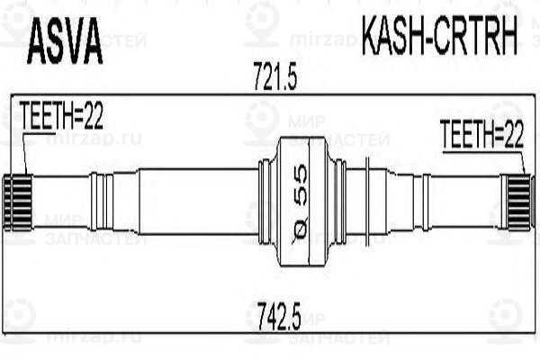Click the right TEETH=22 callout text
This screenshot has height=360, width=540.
[x=481, y=135]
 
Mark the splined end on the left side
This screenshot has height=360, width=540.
[x=19, y=201]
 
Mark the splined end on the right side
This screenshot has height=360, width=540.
[x=518, y=201]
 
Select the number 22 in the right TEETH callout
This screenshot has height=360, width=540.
[x=511, y=135]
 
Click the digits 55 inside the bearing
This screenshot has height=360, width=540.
[x=301, y=187]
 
